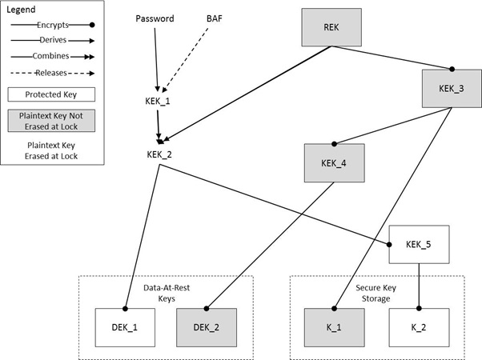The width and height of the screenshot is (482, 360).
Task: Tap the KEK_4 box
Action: (334, 163)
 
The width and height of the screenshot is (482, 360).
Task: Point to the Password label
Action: (154, 18)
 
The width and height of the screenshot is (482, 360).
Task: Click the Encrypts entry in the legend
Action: (50, 26)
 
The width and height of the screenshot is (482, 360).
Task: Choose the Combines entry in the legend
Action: (50, 57)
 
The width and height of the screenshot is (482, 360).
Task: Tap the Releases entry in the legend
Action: (50, 72)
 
